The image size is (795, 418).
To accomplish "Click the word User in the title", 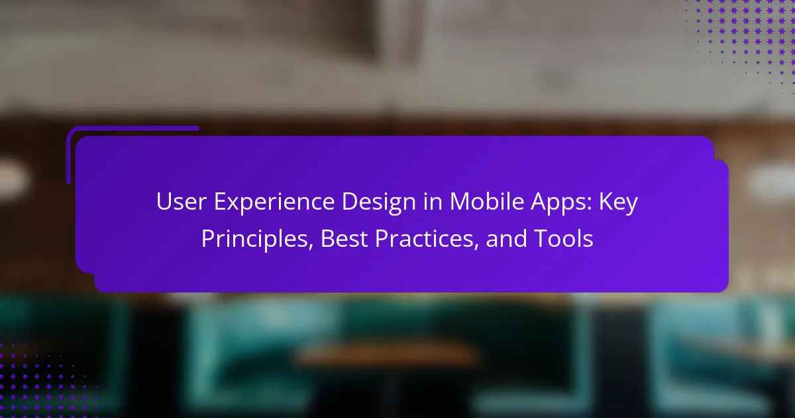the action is tap(181, 202).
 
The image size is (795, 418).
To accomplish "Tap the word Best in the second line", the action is tap(344, 238).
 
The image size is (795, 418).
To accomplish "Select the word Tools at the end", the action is tap(563, 238).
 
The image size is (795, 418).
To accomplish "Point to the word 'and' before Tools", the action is tap(506, 238).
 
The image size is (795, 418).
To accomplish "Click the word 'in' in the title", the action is tap(433, 202).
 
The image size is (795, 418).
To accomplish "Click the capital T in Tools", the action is tap(541, 238).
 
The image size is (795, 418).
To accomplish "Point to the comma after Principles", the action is tap(311, 245).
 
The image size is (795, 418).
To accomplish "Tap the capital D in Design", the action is tap(350, 202).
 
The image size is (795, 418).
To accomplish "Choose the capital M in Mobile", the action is tap(460, 202).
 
